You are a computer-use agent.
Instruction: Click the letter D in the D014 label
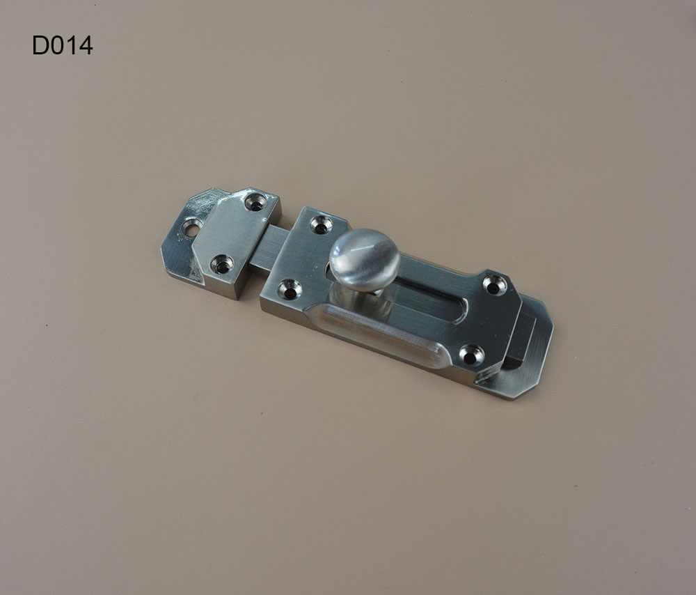click(x=40, y=45)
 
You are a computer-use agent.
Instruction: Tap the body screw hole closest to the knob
click(x=321, y=224)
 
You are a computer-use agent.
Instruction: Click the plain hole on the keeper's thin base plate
click(x=192, y=228)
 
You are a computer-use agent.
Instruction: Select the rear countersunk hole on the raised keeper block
click(x=256, y=202)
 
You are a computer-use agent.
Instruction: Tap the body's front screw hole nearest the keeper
click(x=290, y=289)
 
